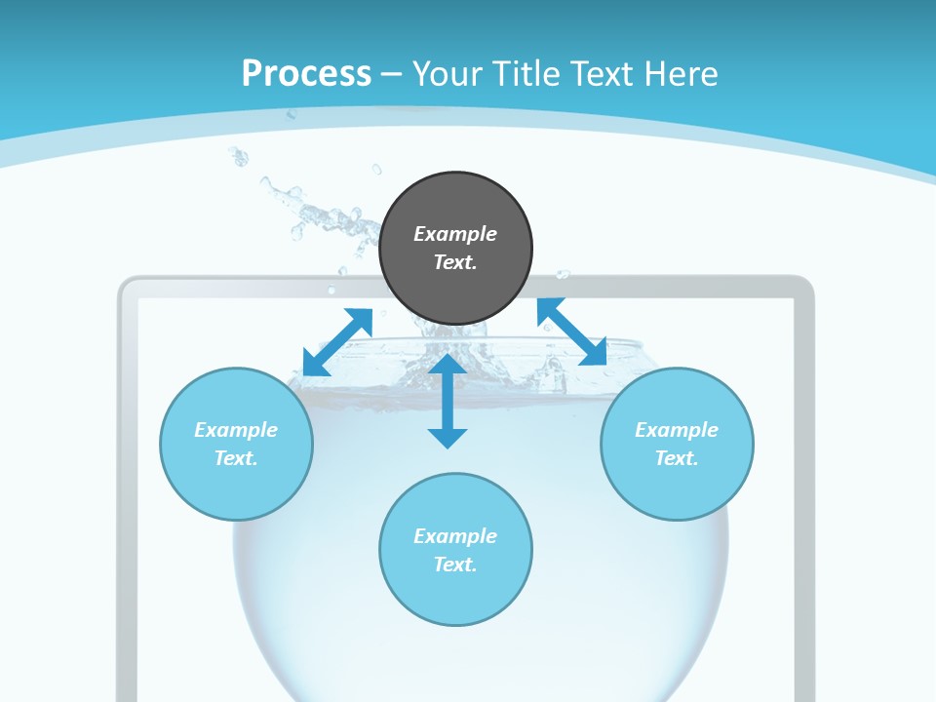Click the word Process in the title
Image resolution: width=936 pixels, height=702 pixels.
(x=306, y=73)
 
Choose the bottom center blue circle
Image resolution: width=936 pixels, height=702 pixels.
(x=455, y=595)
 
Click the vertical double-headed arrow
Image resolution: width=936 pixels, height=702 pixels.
(x=448, y=401)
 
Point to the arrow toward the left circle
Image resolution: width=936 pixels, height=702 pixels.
(x=337, y=342)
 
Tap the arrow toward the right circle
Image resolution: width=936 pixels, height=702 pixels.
(x=571, y=331)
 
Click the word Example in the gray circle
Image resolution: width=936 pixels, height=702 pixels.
(x=455, y=234)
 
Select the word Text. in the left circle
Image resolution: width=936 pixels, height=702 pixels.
(x=236, y=458)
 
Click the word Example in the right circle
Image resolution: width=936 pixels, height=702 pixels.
(x=677, y=430)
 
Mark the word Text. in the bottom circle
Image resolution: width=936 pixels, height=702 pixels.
(x=455, y=565)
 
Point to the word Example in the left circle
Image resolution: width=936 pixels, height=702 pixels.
(x=236, y=430)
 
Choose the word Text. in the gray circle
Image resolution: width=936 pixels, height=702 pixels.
(x=455, y=262)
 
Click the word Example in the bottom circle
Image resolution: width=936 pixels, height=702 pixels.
(x=455, y=536)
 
